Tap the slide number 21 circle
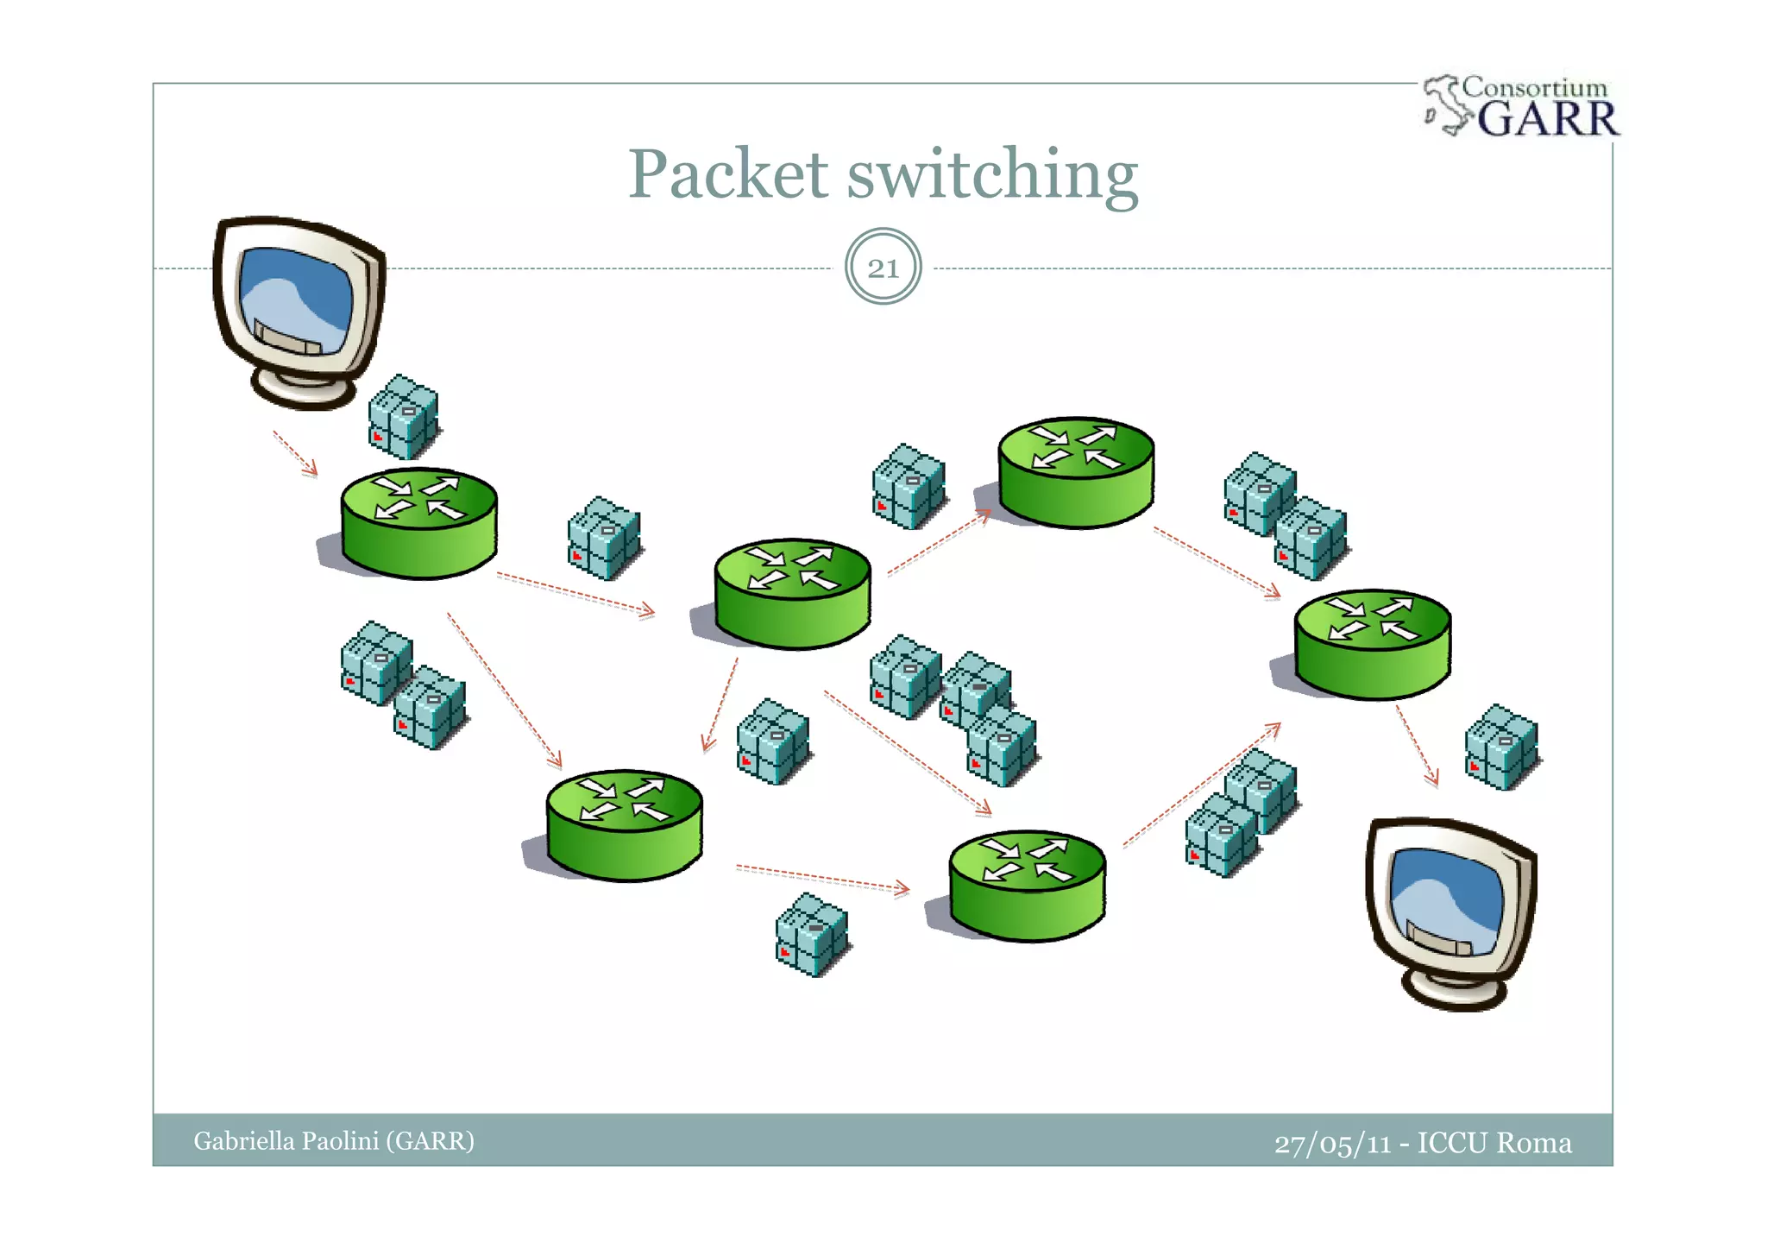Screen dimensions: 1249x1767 point(883,267)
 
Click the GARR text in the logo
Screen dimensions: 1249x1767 point(1548,118)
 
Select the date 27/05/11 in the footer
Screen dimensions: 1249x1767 point(1332,1143)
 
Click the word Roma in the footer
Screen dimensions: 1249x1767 point(1533,1142)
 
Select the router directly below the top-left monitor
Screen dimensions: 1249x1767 point(419,523)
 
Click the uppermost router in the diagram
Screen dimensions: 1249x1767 point(1076,472)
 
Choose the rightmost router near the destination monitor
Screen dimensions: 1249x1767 point(1373,644)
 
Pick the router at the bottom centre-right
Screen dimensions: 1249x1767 point(1027,886)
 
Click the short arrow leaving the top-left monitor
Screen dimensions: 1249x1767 point(295,453)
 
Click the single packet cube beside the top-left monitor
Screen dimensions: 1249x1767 point(403,417)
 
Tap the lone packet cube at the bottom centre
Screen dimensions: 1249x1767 point(811,935)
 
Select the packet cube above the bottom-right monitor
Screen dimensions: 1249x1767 point(1501,748)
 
